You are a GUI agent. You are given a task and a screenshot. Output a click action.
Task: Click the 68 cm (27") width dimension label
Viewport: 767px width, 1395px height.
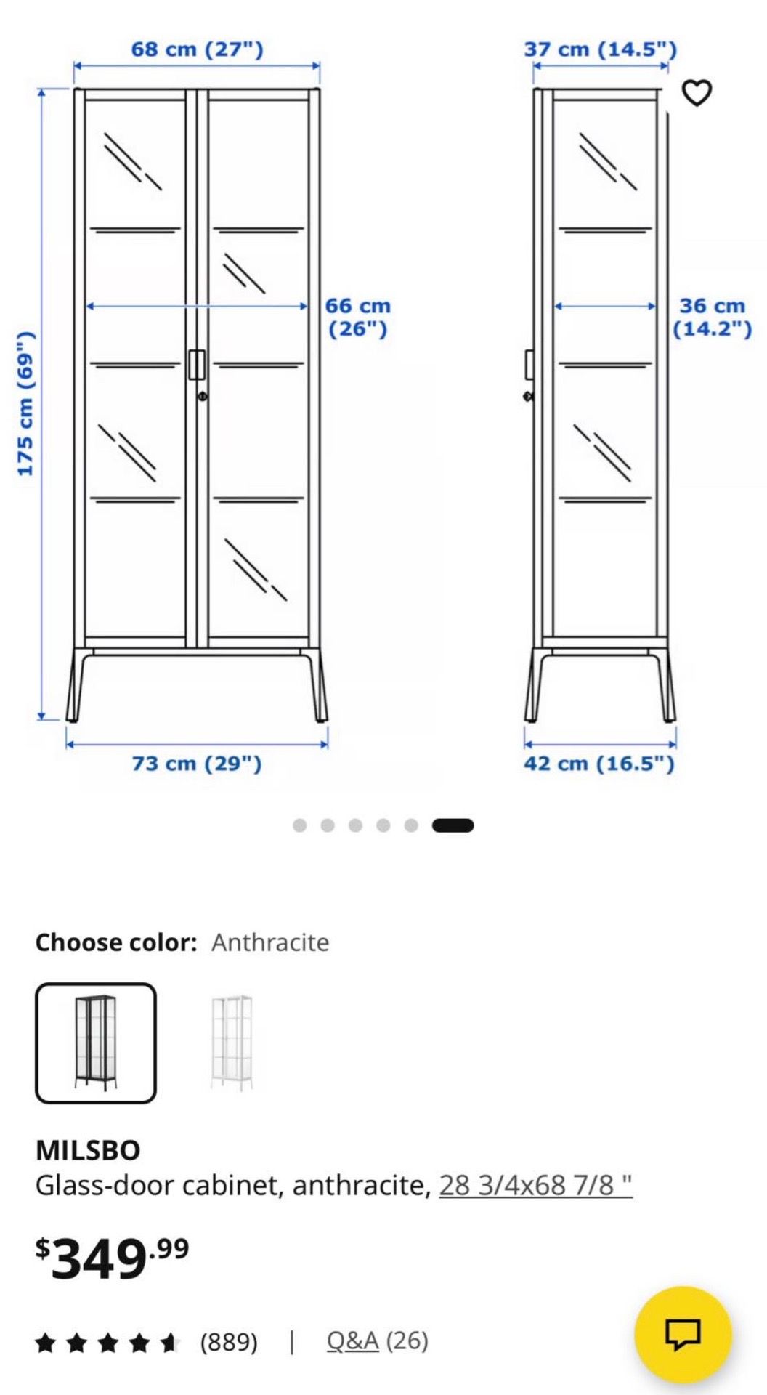click(x=197, y=49)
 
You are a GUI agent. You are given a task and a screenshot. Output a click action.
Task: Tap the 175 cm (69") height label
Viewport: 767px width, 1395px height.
click(x=25, y=403)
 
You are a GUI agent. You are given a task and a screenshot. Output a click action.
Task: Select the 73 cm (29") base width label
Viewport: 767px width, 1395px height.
click(x=197, y=764)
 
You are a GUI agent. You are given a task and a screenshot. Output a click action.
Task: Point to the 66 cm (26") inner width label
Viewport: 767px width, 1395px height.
click(x=357, y=318)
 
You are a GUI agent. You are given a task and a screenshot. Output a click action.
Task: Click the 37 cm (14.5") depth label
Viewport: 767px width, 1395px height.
click(x=600, y=49)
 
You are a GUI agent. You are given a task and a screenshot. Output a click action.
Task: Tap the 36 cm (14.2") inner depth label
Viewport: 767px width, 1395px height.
click(x=712, y=318)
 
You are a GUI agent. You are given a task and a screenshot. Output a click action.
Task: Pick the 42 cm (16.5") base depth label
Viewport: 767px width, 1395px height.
click(x=599, y=764)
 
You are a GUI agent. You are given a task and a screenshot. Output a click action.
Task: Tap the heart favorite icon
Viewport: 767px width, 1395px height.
click(x=697, y=92)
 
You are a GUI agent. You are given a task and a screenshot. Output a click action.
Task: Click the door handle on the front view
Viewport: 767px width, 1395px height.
click(x=197, y=365)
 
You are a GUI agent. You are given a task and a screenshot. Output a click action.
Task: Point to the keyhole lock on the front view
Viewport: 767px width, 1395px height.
click(x=202, y=396)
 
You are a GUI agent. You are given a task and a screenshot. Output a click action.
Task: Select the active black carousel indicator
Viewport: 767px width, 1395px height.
click(x=453, y=825)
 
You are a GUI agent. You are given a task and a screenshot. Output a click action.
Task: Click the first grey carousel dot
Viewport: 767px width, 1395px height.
click(x=299, y=825)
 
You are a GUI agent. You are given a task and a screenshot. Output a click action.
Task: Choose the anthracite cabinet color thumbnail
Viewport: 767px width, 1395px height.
click(x=96, y=1043)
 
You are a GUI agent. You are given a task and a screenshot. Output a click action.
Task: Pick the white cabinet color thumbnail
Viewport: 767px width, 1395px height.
click(x=232, y=1043)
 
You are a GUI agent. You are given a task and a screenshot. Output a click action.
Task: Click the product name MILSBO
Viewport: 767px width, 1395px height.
click(x=88, y=1150)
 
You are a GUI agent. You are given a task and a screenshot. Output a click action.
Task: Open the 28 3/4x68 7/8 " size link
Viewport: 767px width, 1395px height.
click(x=535, y=1185)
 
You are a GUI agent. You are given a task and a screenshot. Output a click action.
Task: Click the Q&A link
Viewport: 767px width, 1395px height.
click(x=352, y=1341)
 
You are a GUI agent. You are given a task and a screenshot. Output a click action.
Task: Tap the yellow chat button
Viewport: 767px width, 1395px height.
click(x=683, y=1335)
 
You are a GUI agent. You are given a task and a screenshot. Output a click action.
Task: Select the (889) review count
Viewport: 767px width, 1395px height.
click(x=229, y=1341)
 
